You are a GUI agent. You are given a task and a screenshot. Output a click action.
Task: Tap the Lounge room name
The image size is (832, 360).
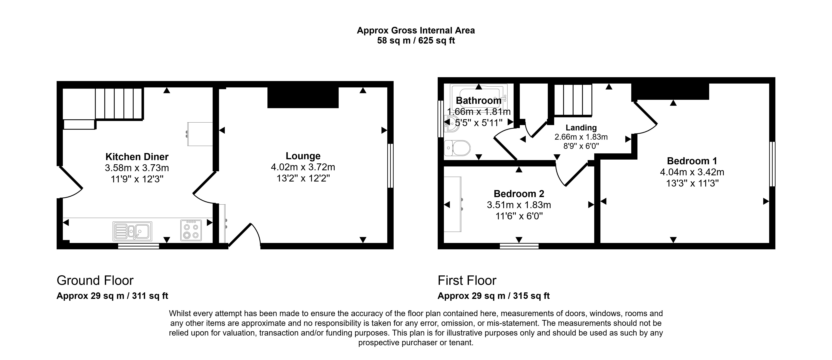click(303, 156)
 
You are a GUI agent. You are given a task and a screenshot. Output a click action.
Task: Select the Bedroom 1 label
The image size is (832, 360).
click(692, 161)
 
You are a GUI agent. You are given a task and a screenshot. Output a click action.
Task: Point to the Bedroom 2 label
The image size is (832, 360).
click(519, 194)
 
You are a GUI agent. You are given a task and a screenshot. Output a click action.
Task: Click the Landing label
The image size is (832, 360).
click(581, 128)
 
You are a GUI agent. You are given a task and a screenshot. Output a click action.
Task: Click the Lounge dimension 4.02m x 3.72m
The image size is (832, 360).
click(303, 167)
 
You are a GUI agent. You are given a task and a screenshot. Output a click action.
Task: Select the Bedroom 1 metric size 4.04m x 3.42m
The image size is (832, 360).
click(692, 172)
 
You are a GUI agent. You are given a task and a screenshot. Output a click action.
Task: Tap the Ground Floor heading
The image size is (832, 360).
click(95, 281)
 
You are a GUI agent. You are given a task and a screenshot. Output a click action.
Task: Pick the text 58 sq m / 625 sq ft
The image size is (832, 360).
click(416, 41)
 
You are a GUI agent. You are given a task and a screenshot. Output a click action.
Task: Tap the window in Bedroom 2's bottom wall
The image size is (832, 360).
click(519, 246)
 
